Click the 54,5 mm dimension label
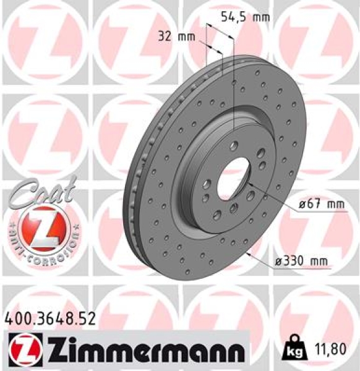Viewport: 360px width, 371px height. [246, 17]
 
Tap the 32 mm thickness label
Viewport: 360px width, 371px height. [173, 36]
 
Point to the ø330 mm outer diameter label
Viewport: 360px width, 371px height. [301, 262]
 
